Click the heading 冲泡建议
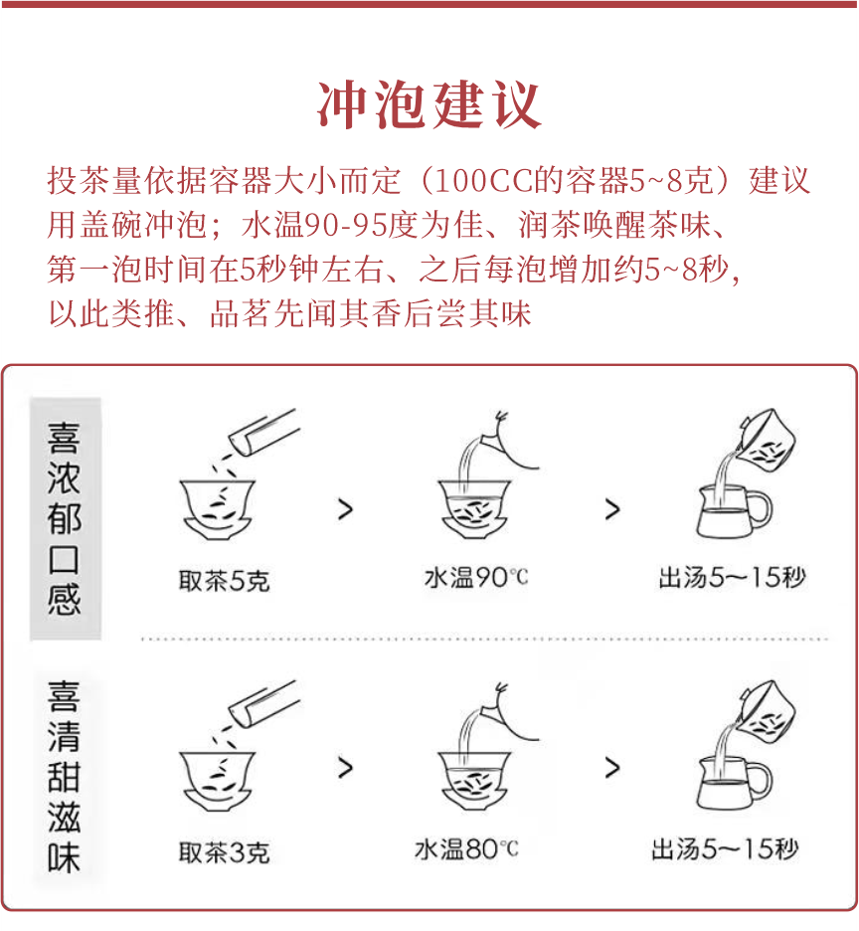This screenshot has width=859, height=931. point(429,104)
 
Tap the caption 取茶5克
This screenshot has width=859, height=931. point(224,580)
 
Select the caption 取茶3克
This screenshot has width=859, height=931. point(224,852)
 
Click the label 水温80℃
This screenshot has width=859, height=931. point(466,849)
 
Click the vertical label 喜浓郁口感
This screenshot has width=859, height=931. point(65,519)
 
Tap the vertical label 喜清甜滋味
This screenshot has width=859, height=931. point(65,777)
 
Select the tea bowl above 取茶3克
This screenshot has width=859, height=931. point(218,780)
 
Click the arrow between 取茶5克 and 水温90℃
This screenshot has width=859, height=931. point(345,509)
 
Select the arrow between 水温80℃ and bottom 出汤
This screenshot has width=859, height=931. point(611,768)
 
